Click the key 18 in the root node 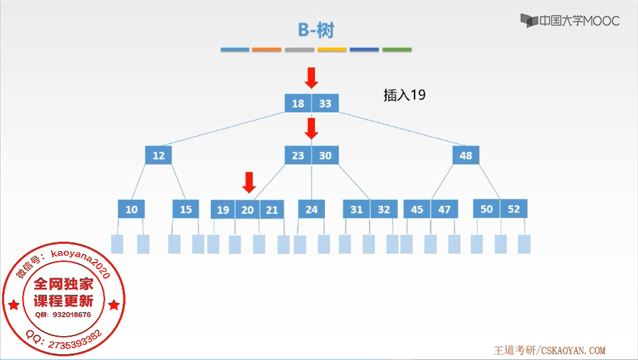click(x=298, y=103)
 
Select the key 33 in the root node click(x=325, y=103)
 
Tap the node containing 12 click(x=158, y=155)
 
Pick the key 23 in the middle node click(x=298, y=155)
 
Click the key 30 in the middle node click(x=325, y=155)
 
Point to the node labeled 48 click(x=466, y=155)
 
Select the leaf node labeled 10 click(x=131, y=209)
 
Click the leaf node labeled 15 click(x=186, y=209)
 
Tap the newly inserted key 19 click(x=223, y=210)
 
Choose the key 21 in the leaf click(x=272, y=210)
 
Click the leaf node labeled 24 click(x=311, y=209)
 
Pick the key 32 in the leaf click(x=383, y=209)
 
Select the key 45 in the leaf click(x=417, y=209)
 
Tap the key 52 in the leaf click(x=514, y=209)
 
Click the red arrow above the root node click(x=311, y=78)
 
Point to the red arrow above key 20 click(x=249, y=182)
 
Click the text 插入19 click(x=404, y=95)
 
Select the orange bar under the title click(x=266, y=50)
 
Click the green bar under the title click(x=397, y=50)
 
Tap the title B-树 click(x=316, y=30)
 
